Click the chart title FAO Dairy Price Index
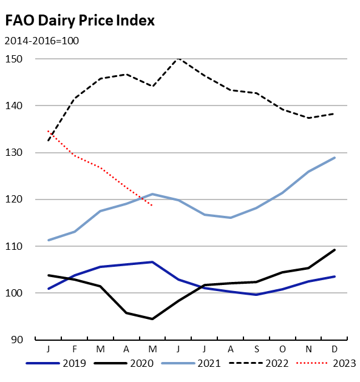point(80,21)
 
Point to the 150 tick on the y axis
point(15,59)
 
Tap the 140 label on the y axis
point(15,106)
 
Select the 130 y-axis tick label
point(15,153)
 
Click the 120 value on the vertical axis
point(15,199)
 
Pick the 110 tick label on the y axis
point(15,246)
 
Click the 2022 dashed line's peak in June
point(178,59)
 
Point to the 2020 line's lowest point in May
point(152,319)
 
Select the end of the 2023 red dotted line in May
point(152,206)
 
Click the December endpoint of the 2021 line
point(335,158)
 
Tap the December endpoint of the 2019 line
point(335,276)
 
